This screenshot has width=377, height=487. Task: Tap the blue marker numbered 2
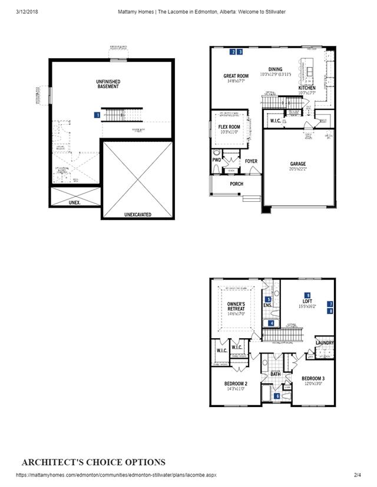233,52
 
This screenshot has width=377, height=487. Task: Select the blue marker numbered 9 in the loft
307,295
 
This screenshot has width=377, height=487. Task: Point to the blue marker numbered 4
271,323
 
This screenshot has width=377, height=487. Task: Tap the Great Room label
236,76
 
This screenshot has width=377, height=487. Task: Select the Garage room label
297,164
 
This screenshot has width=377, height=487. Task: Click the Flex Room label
229,127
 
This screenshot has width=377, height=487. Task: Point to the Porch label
236,184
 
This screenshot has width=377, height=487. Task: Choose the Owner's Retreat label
236,306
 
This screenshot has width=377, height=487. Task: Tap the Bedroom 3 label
313,378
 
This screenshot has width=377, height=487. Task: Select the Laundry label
325,343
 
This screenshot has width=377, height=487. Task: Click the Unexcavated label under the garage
137,215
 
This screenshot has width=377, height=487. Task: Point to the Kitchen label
307,88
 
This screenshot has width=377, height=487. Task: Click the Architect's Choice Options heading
94,462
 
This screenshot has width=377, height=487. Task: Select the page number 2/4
357,475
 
